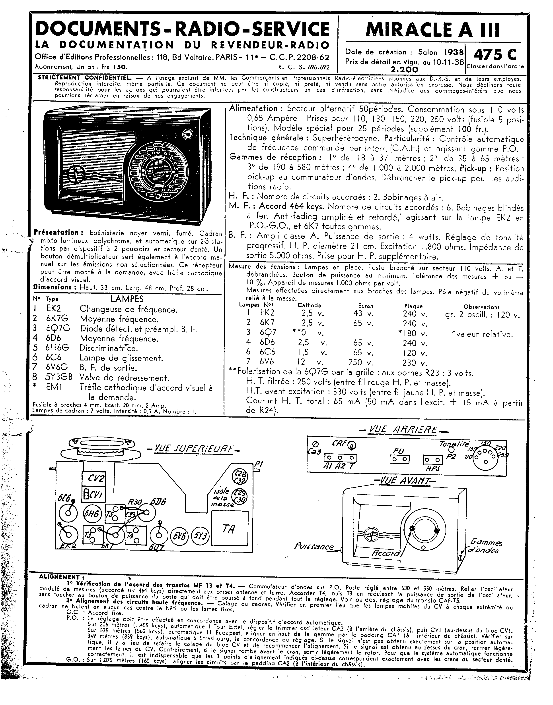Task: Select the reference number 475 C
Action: pyautogui.click(x=495, y=55)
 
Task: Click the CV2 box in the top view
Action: pyautogui.click(x=93, y=479)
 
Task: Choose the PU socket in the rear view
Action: pyautogui.click(x=399, y=459)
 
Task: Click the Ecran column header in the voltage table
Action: pyautogui.click(x=366, y=306)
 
